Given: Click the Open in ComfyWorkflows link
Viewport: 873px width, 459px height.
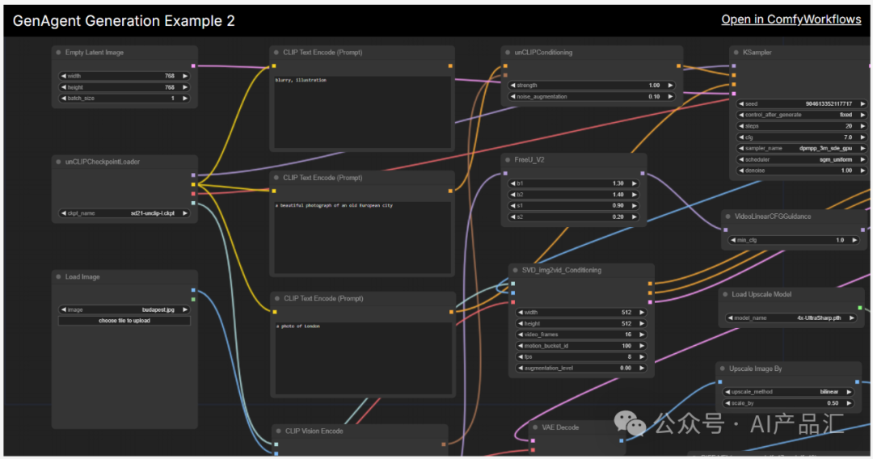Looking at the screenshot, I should [791, 19].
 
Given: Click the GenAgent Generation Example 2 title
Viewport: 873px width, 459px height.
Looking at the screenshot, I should [124, 21].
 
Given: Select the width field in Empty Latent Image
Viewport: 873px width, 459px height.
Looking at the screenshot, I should [124, 76].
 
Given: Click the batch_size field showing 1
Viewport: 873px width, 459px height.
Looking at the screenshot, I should [124, 99].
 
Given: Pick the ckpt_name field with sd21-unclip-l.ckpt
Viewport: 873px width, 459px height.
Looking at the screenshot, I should [124, 213].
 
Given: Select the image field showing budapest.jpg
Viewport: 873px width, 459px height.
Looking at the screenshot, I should [124, 310].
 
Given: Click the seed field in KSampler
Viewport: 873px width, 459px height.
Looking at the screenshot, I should [800, 103].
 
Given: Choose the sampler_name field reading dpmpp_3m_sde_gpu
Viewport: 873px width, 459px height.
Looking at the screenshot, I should [800, 149].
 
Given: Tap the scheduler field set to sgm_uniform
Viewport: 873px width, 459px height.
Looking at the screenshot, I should [800, 160].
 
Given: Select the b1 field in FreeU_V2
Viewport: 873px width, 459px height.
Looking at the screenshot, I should [573, 183].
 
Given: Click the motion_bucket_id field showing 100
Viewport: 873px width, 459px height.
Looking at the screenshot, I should [580, 346].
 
